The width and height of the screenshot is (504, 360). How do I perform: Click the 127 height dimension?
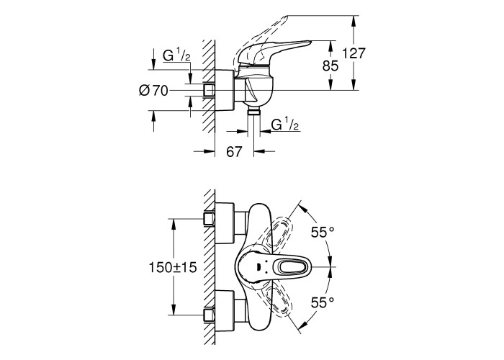coord(354,53)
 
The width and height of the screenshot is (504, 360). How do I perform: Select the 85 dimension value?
coord(330,66)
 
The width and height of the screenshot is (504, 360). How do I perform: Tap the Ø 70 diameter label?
coord(153,91)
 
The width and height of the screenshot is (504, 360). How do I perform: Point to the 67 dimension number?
coord(234,152)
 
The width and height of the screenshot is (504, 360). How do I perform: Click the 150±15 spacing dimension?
coord(173,267)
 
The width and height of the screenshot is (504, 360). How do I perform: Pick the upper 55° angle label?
coord(323,232)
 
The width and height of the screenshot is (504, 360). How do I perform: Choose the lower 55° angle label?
coord(323,302)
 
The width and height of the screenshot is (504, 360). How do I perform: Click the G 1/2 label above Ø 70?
coord(176,55)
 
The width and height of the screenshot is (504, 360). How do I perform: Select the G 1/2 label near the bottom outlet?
coord(285,124)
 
